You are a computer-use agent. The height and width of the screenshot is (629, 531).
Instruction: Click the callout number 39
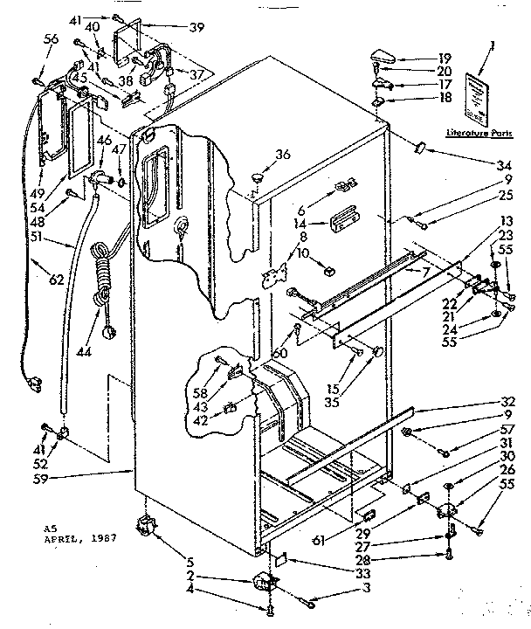(197, 27)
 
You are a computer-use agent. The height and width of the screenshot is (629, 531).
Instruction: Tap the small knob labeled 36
(257, 177)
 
